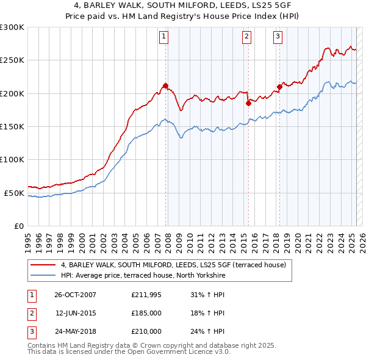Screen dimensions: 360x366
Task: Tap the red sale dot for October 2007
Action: point(165,85)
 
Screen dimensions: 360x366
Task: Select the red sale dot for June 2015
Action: point(248,103)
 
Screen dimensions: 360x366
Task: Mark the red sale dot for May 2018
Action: point(279,87)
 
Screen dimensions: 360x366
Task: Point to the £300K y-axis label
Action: point(12,27)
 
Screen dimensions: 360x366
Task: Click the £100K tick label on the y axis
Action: point(12,159)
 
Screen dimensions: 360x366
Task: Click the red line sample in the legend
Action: point(43,265)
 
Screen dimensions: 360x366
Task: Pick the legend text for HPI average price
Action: point(143,275)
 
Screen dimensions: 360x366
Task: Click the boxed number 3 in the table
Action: point(30,331)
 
